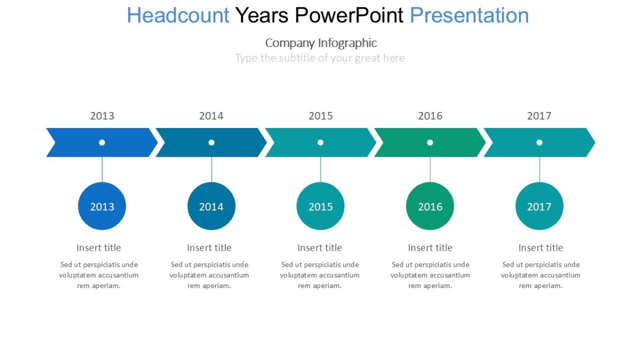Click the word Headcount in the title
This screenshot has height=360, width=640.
tap(178, 15)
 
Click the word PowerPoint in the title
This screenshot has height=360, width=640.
tap(349, 15)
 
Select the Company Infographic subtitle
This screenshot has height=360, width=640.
tap(321, 43)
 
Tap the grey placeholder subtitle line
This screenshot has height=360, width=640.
tap(320, 58)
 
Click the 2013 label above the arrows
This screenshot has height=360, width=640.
tap(102, 116)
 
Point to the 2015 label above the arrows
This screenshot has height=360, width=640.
tap(321, 116)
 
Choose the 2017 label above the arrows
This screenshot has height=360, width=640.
tap(539, 116)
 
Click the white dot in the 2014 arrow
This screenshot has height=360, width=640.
tap(211, 142)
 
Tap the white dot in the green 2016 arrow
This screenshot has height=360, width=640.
tap(430, 142)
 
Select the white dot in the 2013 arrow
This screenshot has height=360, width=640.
tap(102, 142)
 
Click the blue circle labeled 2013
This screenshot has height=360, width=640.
tap(102, 206)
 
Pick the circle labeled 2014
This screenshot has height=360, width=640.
tap(211, 206)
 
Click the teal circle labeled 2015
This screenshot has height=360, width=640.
tap(321, 206)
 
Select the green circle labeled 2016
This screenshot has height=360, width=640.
tap(430, 206)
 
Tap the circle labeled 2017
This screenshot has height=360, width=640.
tap(539, 206)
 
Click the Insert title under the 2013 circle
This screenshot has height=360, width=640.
tap(99, 247)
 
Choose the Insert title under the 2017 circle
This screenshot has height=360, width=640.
tap(540, 247)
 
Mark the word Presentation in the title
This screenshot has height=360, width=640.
tap(469, 15)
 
